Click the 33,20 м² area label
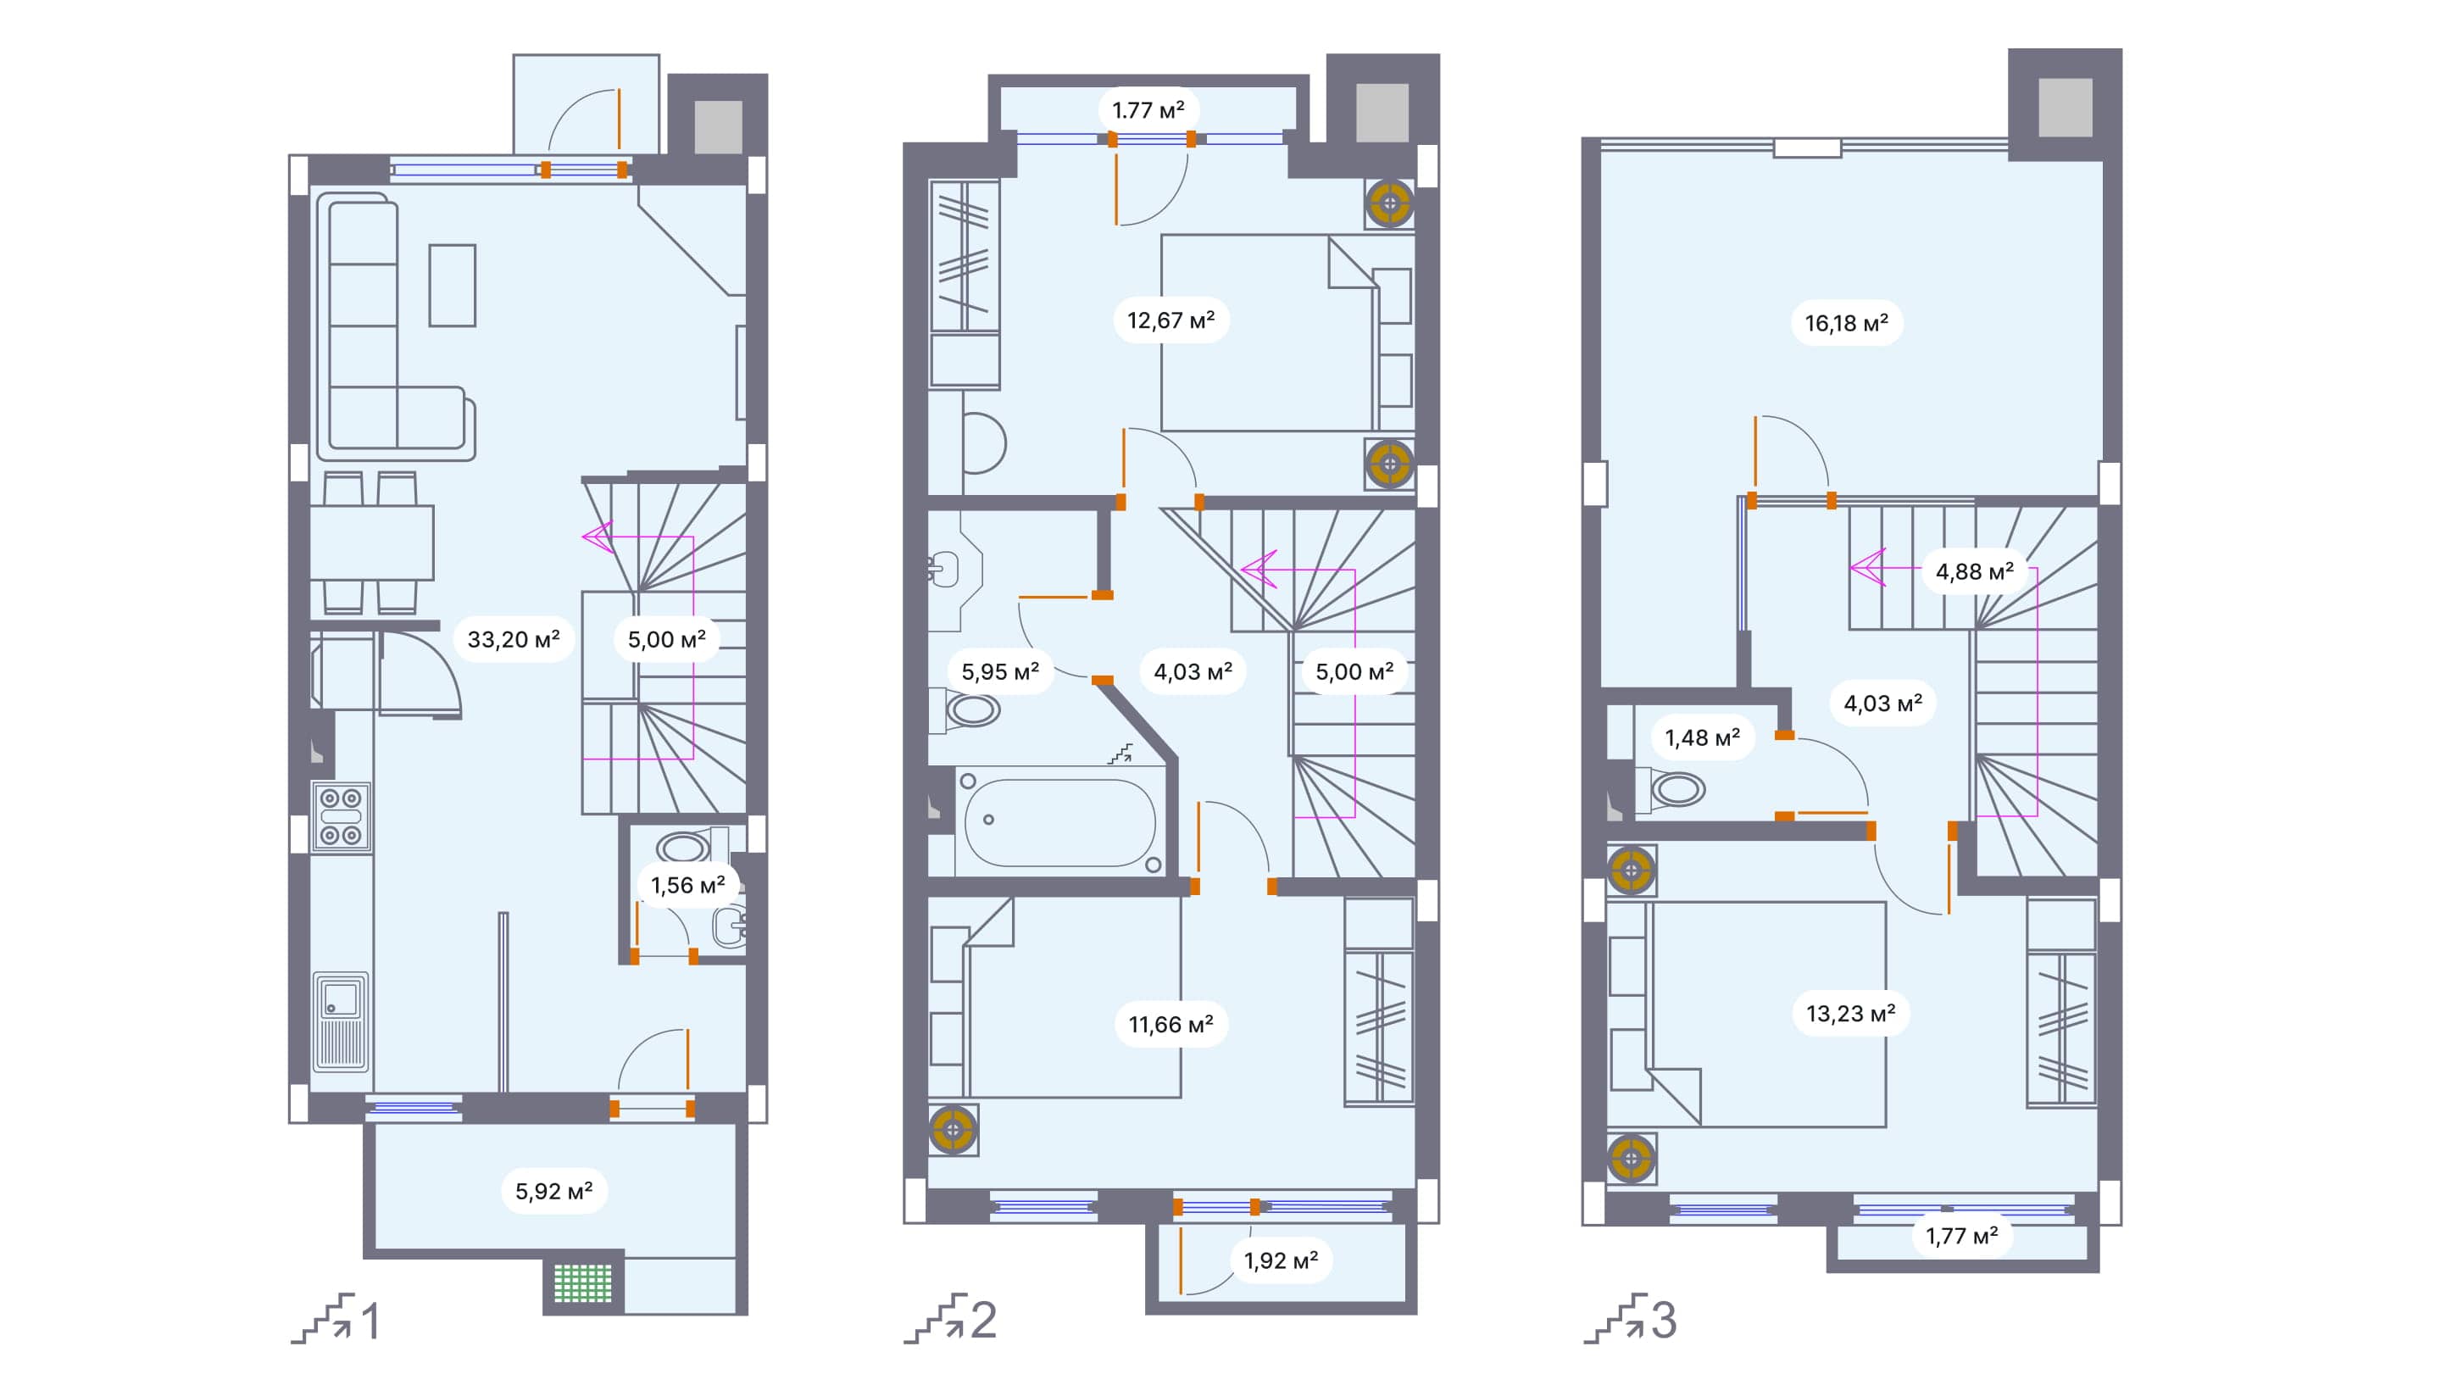coord(513,640)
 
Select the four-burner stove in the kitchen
coord(341,816)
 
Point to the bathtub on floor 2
coord(1059,821)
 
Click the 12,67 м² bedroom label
coord(1170,320)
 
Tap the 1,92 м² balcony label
coord(1280,1261)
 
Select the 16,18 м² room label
coord(1846,323)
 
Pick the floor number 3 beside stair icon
coord(1664,1320)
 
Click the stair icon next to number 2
coord(935,1318)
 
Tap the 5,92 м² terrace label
coord(553,1191)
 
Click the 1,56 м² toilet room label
coord(687,886)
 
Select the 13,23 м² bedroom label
coord(1849,1014)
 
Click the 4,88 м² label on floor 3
coord(1974,572)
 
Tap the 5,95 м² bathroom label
coord(1000,672)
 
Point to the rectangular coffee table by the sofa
coord(452,285)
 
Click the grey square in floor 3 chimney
coord(2065,106)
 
